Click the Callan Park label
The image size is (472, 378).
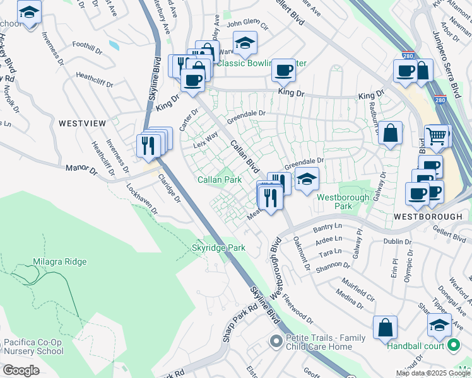point(220,180)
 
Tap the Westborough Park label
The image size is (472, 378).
point(343,202)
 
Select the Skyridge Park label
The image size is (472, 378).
point(218,248)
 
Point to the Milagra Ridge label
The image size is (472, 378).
point(59,261)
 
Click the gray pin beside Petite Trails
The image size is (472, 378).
point(275,342)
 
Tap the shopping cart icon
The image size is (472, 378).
point(436,135)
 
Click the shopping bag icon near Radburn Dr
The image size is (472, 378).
point(391,133)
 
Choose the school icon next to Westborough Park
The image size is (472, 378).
point(306,179)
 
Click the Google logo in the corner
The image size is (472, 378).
point(21,370)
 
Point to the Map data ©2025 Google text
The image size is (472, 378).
point(434,373)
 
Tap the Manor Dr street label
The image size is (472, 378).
point(81,170)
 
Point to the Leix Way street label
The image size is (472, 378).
point(205,139)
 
